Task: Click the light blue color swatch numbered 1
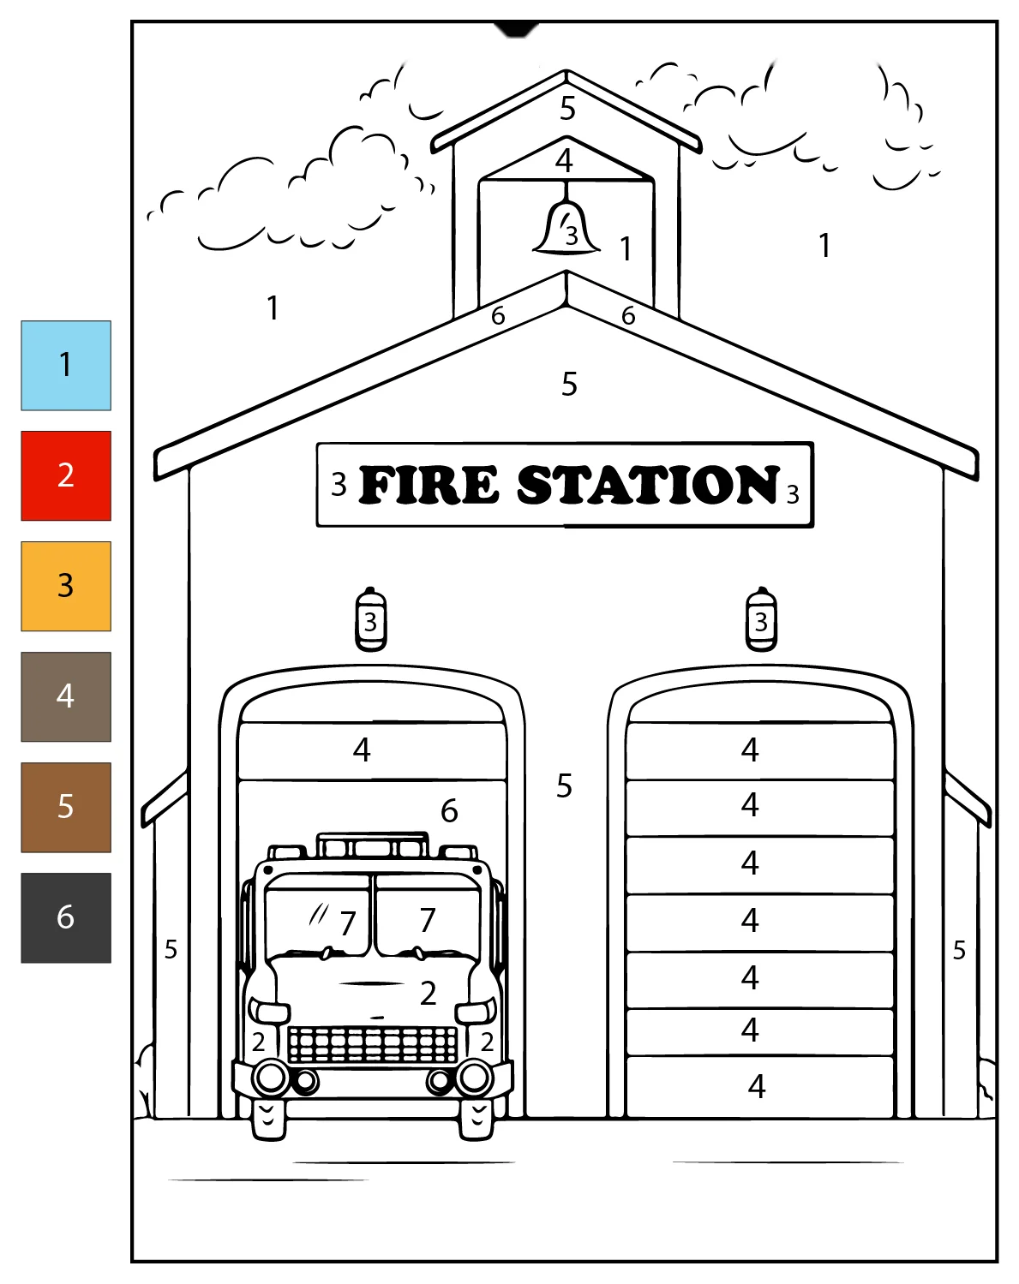(66, 365)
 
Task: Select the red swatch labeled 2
(66, 475)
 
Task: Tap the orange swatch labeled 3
(66, 586)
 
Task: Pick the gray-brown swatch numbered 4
(66, 696)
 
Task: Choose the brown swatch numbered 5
(66, 807)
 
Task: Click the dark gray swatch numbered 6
(66, 917)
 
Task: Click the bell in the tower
(566, 227)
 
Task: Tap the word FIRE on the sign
(428, 484)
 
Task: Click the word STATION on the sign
(648, 484)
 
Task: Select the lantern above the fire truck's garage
(371, 618)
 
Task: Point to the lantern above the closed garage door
(761, 618)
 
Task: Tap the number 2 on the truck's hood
(428, 994)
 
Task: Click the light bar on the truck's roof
(373, 845)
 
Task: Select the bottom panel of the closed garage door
(760, 1086)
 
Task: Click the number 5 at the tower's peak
(567, 108)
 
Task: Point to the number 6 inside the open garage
(449, 811)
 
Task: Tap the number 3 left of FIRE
(339, 485)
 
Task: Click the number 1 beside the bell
(626, 248)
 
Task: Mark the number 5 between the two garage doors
(564, 785)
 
